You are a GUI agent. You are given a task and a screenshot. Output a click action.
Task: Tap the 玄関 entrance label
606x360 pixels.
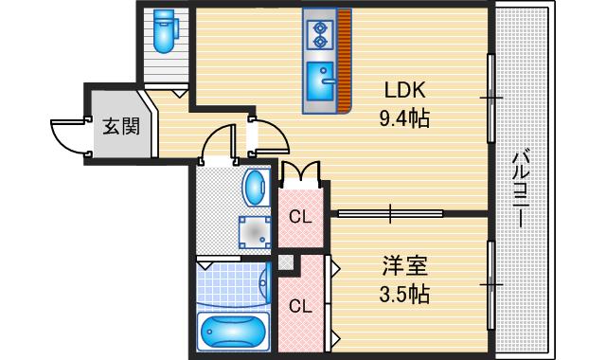tap(120, 125)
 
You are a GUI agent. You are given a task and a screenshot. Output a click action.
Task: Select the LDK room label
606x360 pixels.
tap(405, 91)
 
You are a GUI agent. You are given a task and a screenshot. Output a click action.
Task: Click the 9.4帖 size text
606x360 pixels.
tap(405, 118)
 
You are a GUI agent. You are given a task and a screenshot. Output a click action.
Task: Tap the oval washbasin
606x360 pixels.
tap(253, 187)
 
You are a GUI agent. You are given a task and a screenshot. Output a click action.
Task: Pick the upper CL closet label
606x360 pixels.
tap(300, 217)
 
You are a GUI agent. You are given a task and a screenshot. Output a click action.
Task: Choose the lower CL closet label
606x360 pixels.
tap(300, 306)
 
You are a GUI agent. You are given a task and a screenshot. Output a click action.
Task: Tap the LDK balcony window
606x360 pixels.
tap(490, 96)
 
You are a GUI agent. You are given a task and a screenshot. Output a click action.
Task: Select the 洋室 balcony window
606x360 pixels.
tap(490, 283)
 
